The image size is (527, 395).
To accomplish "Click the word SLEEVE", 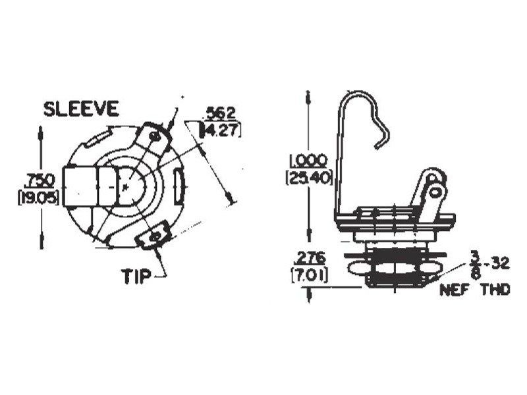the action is [81, 109].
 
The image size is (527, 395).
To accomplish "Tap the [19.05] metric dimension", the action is [38, 198].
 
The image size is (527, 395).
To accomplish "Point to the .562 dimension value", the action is [220, 114].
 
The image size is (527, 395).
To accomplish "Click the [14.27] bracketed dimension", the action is [220, 130].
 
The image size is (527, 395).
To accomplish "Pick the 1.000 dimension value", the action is [308, 161].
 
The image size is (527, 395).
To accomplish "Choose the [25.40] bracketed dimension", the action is [308, 178].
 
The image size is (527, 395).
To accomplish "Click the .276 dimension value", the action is [309, 259].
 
